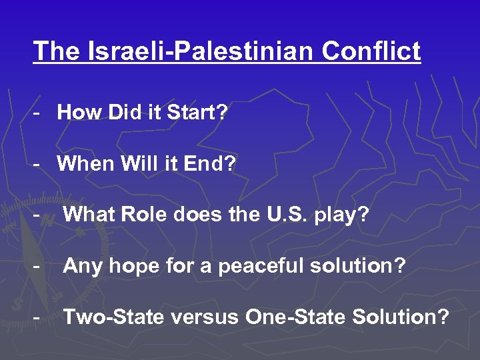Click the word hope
[x=128, y=267]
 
